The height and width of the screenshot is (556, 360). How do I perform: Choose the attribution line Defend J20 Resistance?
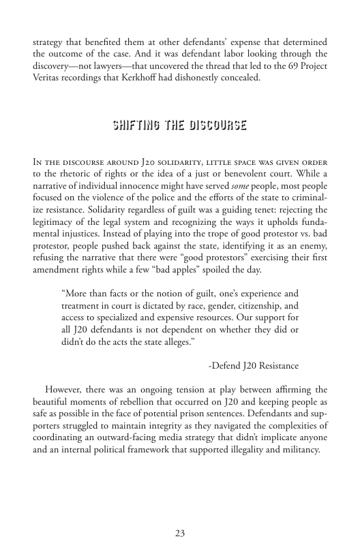[x=253, y=366]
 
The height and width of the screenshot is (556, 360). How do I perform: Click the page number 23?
[x=180, y=533]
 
